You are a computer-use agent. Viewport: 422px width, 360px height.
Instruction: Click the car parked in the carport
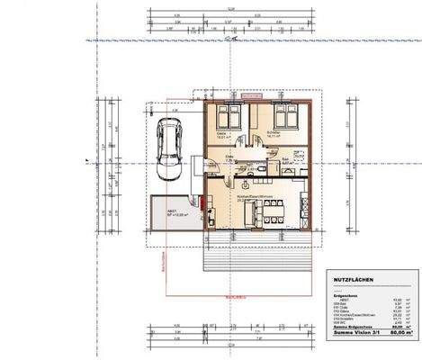point(168,145)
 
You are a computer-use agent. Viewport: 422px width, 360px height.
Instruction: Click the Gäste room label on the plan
point(221,135)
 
